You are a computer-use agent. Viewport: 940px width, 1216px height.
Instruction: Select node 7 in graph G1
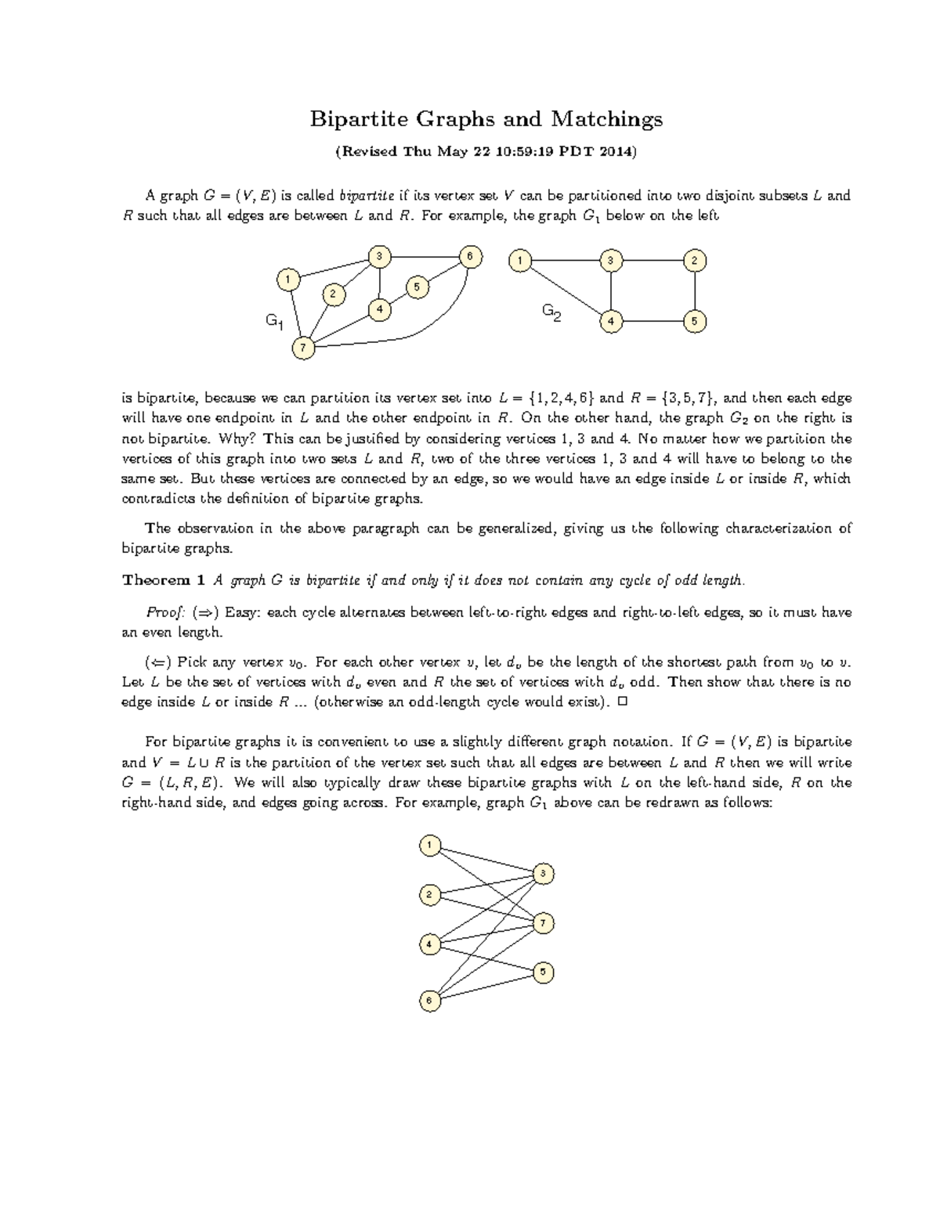pos(303,348)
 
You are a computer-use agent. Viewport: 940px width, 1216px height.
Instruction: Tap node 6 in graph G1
pos(470,257)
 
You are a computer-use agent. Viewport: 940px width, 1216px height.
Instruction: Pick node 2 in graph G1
pos(333,294)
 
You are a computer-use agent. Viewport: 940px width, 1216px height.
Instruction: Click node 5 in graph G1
pos(417,287)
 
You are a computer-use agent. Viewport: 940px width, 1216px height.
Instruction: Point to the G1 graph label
pos(274,321)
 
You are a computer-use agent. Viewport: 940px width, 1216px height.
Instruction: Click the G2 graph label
pos(551,313)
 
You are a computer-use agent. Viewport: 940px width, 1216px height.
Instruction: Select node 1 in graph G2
pos(519,261)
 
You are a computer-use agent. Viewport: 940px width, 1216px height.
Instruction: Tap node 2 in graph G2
pos(694,261)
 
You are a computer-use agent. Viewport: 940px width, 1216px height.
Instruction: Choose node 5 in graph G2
pos(694,321)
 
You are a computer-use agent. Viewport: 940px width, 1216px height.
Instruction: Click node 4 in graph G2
pos(611,321)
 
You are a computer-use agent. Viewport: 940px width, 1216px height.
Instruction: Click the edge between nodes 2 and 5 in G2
pos(695,291)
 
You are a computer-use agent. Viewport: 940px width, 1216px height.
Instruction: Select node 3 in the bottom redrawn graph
pos(544,874)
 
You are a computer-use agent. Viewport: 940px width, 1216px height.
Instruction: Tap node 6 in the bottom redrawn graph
pos(429,1000)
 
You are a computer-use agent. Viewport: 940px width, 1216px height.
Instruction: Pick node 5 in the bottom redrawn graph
pos(544,972)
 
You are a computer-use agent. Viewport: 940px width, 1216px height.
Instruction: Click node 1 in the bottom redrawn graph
pos(429,845)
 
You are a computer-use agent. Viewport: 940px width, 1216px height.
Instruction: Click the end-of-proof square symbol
pos(624,702)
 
